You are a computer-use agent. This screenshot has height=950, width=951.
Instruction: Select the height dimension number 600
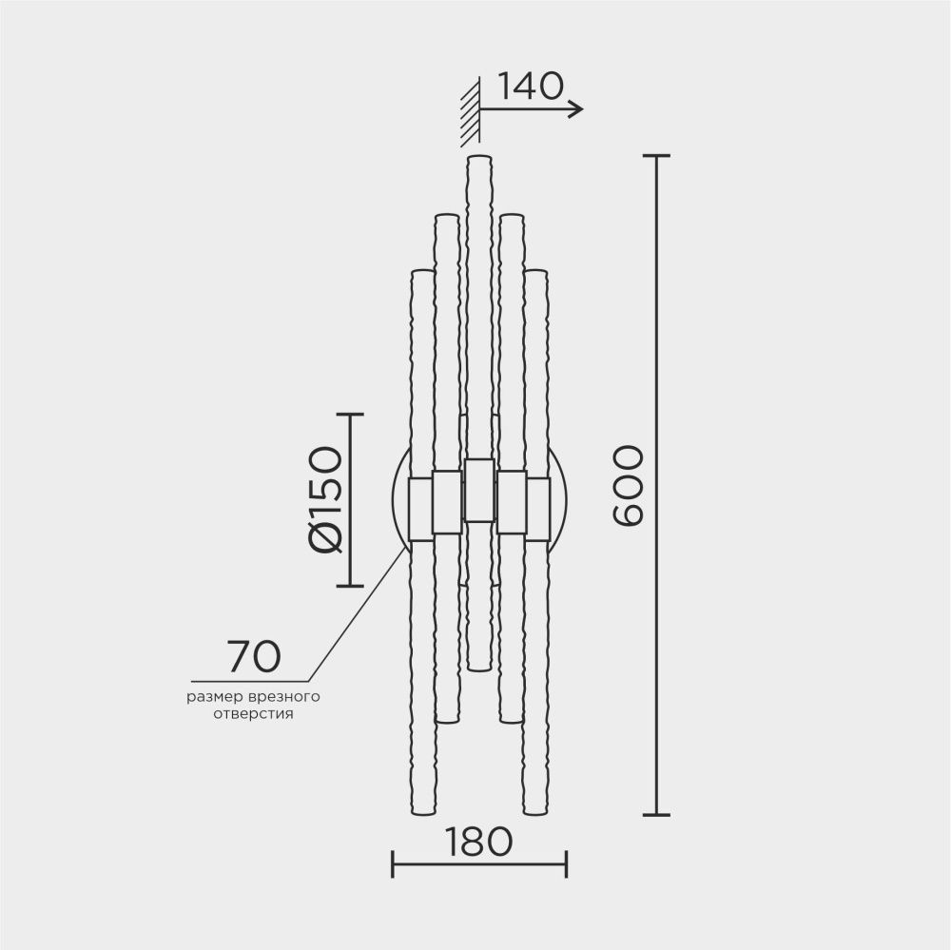point(629,485)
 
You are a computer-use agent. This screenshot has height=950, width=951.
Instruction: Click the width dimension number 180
point(479,841)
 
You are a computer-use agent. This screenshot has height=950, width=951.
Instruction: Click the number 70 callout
point(253,656)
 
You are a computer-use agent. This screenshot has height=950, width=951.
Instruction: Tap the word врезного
point(284,696)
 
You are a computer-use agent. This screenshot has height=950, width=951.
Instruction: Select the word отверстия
point(253,712)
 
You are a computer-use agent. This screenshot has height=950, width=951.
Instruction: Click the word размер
point(214,696)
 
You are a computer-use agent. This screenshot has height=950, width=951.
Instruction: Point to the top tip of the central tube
point(479,157)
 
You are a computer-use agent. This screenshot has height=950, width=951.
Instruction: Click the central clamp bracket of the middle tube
point(479,490)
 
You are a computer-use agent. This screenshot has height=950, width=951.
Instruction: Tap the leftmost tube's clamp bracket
point(420,509)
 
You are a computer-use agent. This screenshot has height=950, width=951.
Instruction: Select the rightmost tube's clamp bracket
point(538,509)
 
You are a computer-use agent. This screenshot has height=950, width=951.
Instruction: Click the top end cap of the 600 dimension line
point(656,155)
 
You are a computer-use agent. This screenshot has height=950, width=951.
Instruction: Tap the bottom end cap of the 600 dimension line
point(656,815)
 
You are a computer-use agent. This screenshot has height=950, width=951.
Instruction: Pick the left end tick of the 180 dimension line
point(393,864)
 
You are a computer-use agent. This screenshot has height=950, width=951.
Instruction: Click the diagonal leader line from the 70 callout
point(357,613)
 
